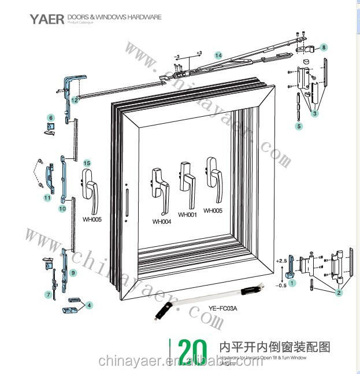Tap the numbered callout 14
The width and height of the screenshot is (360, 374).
pyautogui.click(x=218, y=55)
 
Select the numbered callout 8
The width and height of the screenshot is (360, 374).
pyautogui.click(x=324, y=47)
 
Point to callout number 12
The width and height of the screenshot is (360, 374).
pyautogui.click(x=75, y=100)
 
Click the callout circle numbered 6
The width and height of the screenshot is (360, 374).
pyautogui.click(x=50, y=118)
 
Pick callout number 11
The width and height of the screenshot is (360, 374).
pyautogui.click(x=47, y=198)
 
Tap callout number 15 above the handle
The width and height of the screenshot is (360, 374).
pyautogui.click(x=87, y=163)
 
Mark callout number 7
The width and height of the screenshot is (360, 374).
pyautogui.click(x=48, y=295)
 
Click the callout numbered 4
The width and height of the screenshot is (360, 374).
pyautogui.click(x=89, y=304)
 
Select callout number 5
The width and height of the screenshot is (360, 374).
pyautogui.click(x=299, y=125)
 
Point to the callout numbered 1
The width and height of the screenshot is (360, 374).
pyautogui.click(x=292, y=283)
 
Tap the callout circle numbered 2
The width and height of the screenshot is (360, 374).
pyautogui.click(x=339, y=293)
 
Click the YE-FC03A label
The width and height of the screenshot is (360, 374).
pyautogui.click(x=218, y=308)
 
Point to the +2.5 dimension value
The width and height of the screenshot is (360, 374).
pyautogui.click(x=282, y=262)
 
